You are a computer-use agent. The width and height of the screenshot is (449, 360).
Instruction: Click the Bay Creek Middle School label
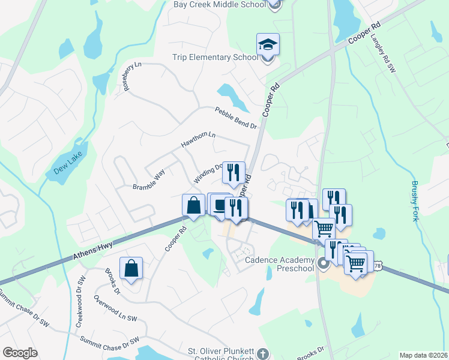(219, 5)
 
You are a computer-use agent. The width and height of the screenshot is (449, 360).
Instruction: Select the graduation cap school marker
(268, 45)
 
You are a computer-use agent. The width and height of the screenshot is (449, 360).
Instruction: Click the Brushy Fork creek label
(415, 201)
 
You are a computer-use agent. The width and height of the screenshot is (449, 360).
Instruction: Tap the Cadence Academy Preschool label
(280, 264)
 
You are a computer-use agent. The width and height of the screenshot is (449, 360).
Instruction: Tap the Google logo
(20, 353)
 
